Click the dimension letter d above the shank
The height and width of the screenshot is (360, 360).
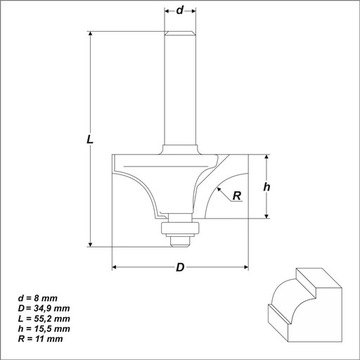(180, 10)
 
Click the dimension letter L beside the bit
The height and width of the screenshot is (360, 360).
(90, 139)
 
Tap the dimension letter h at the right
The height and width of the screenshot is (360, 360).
(267, 187)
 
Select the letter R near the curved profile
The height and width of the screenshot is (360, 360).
(237, 196)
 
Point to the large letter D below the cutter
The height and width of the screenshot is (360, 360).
(180, 267)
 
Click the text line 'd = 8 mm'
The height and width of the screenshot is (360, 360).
(38, 298)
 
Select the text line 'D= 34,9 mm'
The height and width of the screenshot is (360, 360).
(44, 308)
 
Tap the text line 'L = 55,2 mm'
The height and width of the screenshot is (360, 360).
(44, 319)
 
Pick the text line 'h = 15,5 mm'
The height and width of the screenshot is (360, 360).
(44, 329)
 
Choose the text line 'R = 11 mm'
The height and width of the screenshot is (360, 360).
(41, 339)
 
